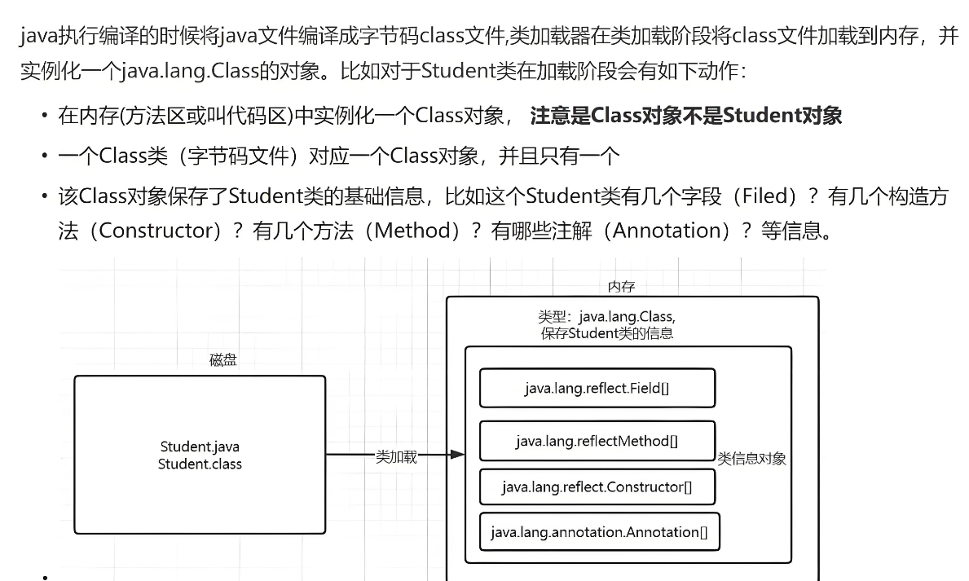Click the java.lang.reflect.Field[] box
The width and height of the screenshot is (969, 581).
[597, 388]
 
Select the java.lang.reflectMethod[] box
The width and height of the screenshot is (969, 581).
[597, 441]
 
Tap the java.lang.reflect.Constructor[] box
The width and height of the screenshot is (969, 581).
[597, 486]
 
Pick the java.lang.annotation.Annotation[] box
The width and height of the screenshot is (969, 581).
[599, 532]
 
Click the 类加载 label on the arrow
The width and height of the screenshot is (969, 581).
[396, 456]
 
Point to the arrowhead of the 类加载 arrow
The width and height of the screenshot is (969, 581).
[458, 455]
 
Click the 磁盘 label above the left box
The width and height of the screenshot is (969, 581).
[222, 359]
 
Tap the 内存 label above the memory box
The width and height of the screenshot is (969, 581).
[621, 286]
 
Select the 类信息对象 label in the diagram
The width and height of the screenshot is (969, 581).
[751, 459]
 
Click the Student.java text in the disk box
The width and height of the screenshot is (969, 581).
[200, 447]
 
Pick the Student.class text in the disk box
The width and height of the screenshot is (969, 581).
[200, 464]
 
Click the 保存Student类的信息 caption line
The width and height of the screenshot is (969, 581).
[607, 333]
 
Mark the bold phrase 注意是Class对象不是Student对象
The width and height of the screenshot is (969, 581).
[685, 116]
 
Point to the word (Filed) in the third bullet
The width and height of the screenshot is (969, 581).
[764, 196]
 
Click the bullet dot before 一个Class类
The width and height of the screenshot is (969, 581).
[44, 156]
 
